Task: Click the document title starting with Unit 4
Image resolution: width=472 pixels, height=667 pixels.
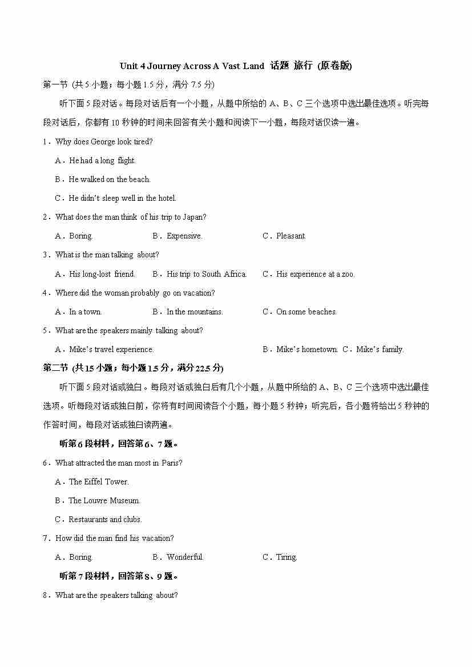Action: pos(236,66)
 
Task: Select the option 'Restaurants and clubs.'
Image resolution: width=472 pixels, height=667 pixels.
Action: pos(105,519)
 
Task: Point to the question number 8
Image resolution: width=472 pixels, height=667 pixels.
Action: pos(45,595)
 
